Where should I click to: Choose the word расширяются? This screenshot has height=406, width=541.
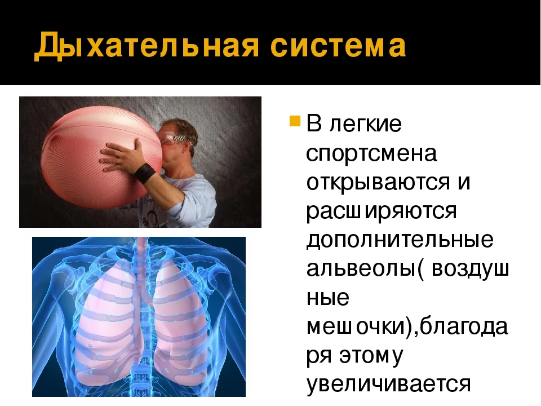coord(381,212)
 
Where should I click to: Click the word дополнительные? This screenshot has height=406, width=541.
coord(400,241)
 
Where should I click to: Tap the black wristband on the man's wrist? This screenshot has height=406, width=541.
coord(146,171)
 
